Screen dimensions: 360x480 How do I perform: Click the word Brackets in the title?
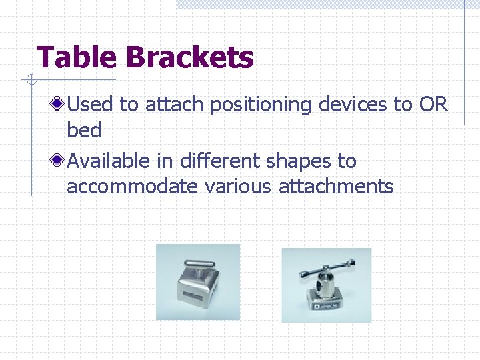click(x=190, y=57)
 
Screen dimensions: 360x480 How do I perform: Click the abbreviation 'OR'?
click(x=433, y=104)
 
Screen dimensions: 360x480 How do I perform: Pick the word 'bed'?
click(x=84, y=130)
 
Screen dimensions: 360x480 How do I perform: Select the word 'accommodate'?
click(x=132, y=186)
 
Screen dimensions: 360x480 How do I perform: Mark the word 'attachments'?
click(x=336, y=186)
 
